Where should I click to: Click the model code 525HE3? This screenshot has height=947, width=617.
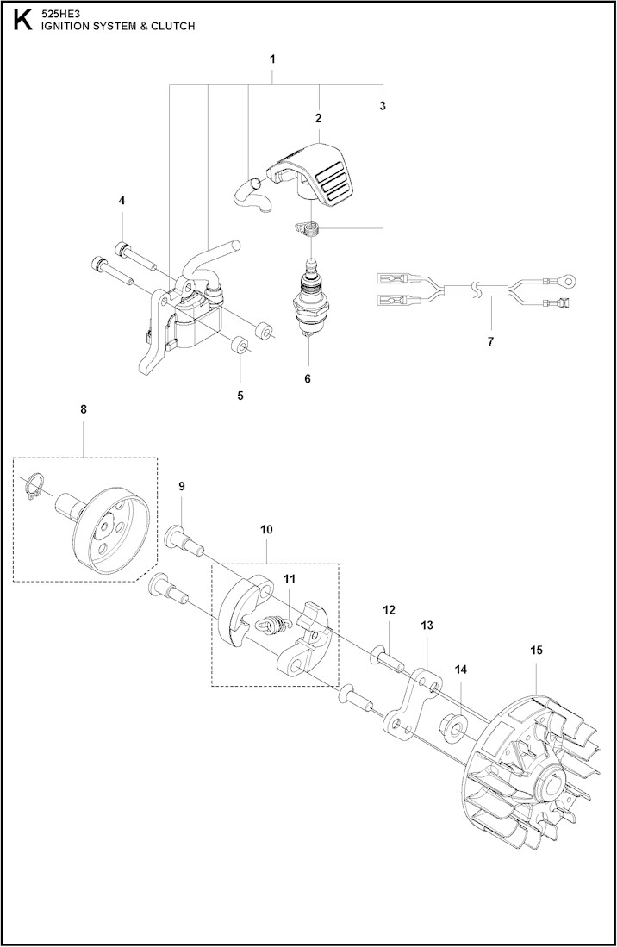(58, 15)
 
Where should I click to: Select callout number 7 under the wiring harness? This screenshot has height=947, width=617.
(490, 341)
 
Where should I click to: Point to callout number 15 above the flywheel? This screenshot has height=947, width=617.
(536, 650)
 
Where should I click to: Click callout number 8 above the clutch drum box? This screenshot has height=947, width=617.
(84, 409)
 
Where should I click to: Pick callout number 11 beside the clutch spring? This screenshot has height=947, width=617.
(290, 578)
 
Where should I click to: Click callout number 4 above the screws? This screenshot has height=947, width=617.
(122, 200)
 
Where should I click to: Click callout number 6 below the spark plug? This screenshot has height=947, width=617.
(308, 378)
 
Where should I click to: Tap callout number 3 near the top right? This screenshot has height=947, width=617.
(382, 106)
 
